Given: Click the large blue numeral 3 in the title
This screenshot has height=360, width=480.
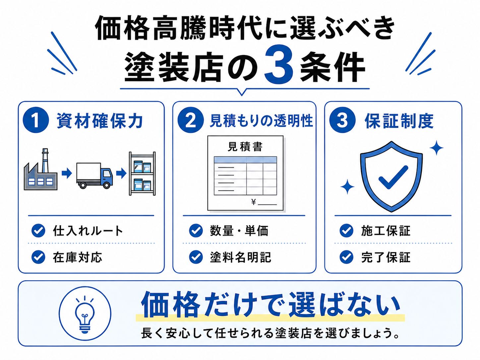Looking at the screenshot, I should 279,64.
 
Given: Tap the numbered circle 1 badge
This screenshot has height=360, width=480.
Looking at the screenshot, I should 36,120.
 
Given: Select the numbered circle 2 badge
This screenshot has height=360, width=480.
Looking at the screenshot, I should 190,120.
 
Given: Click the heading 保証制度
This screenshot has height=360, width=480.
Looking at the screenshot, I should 399,121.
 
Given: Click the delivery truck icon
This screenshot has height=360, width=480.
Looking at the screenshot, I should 94,175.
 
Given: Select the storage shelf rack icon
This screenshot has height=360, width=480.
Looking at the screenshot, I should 142,173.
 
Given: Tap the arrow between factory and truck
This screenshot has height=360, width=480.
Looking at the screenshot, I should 67,173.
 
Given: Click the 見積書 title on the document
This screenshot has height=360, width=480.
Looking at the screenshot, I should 245,146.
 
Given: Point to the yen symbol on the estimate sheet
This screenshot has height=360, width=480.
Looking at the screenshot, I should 254,202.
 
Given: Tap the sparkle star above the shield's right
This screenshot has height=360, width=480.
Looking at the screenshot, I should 436,148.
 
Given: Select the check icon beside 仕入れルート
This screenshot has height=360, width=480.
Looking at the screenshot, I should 38,230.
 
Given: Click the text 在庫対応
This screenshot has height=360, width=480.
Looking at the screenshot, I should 77,257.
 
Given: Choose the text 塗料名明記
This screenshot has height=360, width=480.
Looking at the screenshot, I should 240,257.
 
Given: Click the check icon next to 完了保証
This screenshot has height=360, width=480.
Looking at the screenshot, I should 346,257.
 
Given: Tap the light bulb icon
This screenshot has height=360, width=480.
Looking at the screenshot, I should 85,314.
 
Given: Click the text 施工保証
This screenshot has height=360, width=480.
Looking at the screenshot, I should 386,231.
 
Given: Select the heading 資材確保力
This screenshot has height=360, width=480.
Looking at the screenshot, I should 99,121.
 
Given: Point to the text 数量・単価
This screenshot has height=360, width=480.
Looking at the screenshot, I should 239,231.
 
